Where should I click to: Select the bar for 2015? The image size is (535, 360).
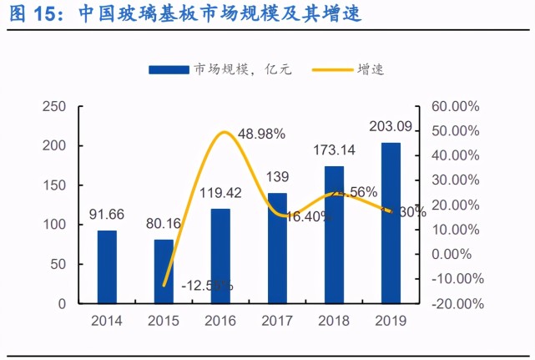click(164, 271)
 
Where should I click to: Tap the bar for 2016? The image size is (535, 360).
click(220, 256)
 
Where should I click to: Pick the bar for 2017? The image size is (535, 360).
click(277, 248)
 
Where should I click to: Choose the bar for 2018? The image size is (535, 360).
click(334, 235)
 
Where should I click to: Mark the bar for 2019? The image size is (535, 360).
click(391, 223)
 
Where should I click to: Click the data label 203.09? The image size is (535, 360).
click(391, 128)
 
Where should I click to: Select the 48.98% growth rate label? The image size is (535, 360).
click(261, 134)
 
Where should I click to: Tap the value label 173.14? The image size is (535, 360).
click(335, 151)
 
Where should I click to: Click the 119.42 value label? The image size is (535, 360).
click(220, 193)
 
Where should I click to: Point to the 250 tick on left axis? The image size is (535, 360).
click(54, 107)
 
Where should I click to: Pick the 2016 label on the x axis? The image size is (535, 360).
click(220, 321)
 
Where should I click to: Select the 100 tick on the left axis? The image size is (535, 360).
click(54, 226)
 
